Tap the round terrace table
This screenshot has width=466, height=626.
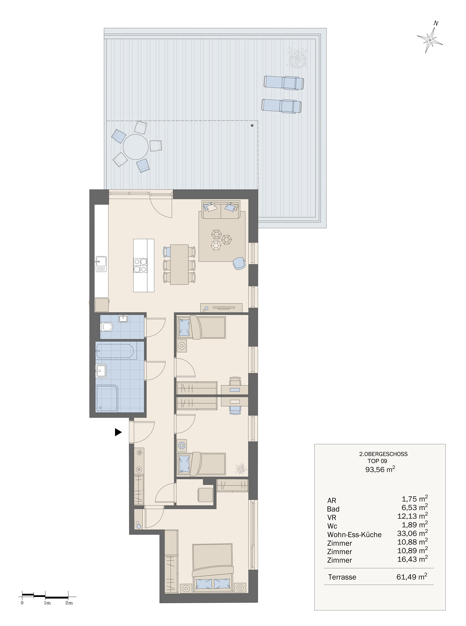pyautogui.click(x=136, y=147)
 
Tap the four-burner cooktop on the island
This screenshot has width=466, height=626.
pyautogui.click(x=140, y=265)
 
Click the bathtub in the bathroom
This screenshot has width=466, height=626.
pyautogui.click(x=116, y=350)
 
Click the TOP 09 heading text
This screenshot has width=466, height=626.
pyautogui.click(x=377, y=461)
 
